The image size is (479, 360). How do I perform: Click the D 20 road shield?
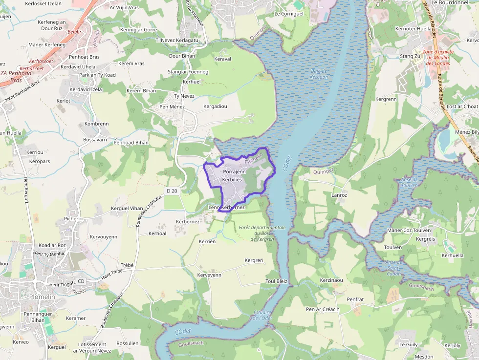click(x=171, y=191)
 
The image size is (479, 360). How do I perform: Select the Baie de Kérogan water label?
click(x=319, y=74)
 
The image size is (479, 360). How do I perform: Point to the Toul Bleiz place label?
click(x=276, y=281)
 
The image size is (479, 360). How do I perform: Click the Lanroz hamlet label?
click(x=339, y=195)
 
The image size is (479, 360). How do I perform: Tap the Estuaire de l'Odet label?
click(x=263, y=315)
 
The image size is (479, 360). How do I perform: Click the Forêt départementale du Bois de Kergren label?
click(x=262, y=233)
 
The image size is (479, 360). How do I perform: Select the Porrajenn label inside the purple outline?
click(x=234, y=172)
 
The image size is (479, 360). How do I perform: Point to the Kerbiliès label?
click(x=232, y=179)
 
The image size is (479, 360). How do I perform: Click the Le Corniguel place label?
click(x=289, y=14)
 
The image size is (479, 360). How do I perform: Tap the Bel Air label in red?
click(x=75, y=32)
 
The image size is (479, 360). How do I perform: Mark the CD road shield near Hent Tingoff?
click(x=81, y=281)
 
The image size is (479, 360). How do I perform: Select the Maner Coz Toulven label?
click(x=409, y=230)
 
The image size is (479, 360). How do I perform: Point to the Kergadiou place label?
click(x=215, y=106)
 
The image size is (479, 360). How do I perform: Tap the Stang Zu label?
click(x=410, y=56)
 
